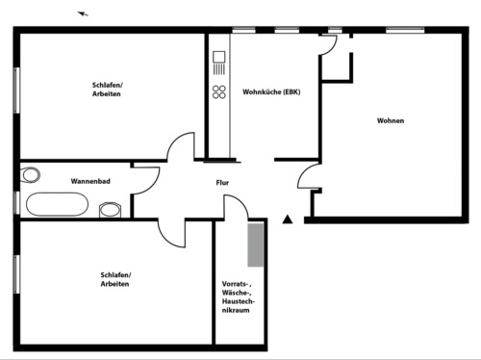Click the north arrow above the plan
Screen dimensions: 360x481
point(83,13)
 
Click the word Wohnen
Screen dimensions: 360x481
point(391,121)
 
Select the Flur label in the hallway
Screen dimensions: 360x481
point(222,181)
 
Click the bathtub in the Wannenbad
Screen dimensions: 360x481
point(57,204)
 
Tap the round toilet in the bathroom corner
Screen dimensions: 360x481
point(31,174)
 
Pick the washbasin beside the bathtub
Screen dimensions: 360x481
point(110,208)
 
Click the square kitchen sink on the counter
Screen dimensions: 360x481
point(219,67)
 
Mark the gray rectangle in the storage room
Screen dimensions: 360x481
point(256,244)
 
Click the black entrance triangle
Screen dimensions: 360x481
point(286,220)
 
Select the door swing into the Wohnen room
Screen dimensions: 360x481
point(309,179)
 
